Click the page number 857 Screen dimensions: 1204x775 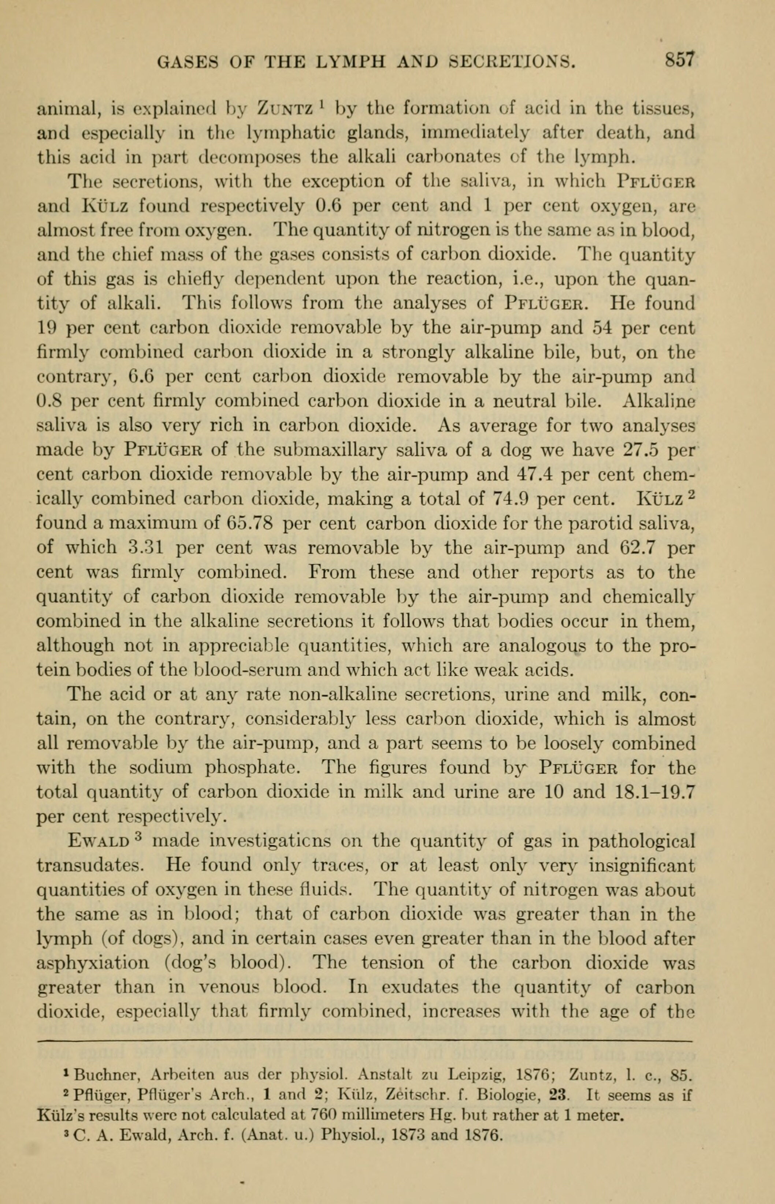coord(680,61)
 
